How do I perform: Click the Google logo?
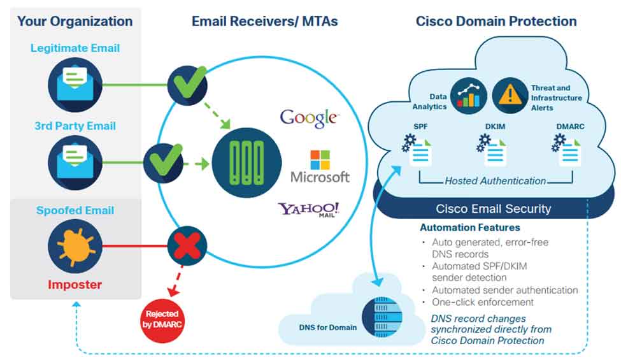pos(310,117)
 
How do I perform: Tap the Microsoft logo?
pos(320,167)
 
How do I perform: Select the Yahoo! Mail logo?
pos(308,212)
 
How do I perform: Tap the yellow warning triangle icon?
pos(510,95)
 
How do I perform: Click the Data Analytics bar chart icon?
pos(469,95)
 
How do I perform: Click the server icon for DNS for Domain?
pos(380,316)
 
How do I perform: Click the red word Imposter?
pos(75,284)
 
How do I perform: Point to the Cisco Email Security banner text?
pos(494,208)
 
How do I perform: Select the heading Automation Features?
pos(469,227)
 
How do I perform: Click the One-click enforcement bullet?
pos(482,302)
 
